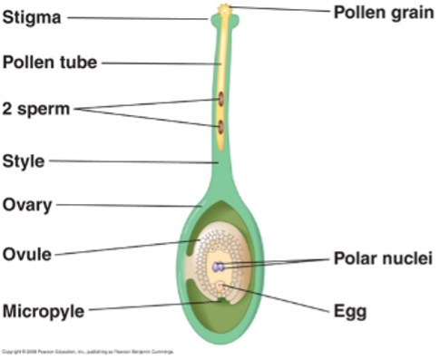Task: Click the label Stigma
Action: [x=32, y=17]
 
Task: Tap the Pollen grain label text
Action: [x=382, y=13]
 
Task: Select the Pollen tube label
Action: [x=49, y=63]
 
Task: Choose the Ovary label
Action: [x=27, y=204]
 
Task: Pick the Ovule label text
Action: [x=27, y=253]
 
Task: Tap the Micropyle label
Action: [x=44, y=311]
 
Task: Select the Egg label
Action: [x=350, y=311]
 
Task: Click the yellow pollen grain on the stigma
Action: [x=223, y=11]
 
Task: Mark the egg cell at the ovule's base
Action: [x=220, y=289]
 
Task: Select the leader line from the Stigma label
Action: [x=136, y=18]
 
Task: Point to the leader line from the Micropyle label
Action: [x=145, y=307]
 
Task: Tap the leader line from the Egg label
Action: [x=281, y=301]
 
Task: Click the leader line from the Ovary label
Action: [x=127, y=205]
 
